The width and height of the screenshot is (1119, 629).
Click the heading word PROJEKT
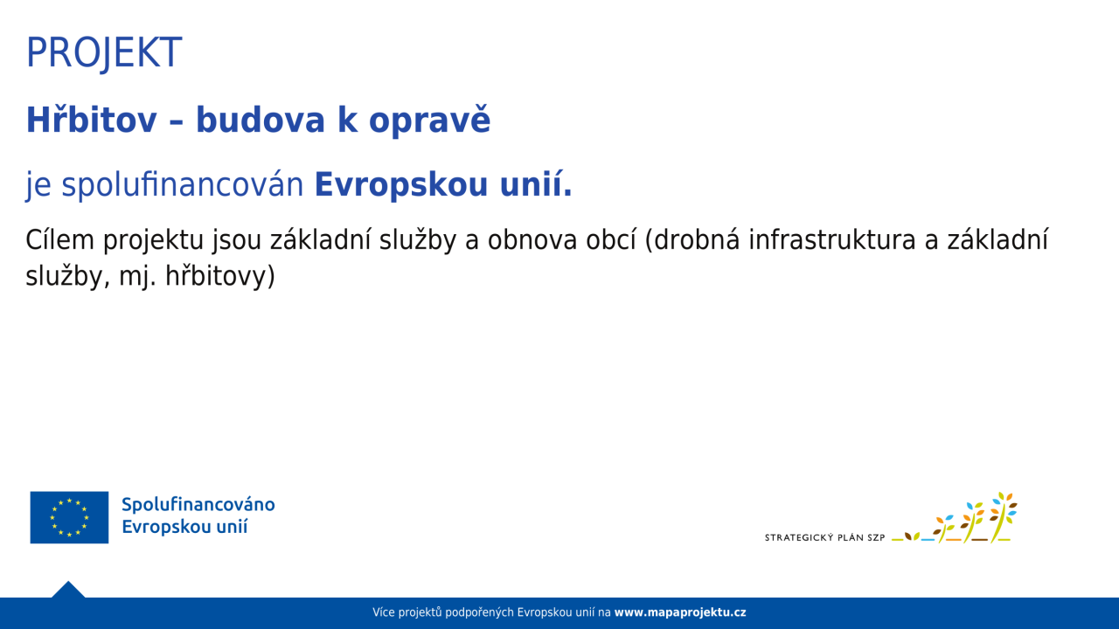tap(104, 52)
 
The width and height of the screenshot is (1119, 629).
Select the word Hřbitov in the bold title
tap(92, 120)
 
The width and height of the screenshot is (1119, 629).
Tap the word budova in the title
tap(261, 121)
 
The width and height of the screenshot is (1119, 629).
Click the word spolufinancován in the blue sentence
tap(183, 184)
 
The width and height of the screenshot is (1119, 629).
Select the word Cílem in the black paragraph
tap(60, 239)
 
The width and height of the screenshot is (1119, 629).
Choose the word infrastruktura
tap(831, 239)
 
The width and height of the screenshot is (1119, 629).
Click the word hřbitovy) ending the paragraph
tap(220, 277)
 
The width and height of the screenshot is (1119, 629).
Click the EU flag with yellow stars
tap(69, 517)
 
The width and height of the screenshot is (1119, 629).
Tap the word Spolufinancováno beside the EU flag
tap(198, 505)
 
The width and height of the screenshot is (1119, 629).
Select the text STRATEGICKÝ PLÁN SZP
tap(824, 537)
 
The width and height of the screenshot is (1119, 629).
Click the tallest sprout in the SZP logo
tap(1003, 517)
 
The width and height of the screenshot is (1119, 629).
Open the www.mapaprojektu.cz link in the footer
tap(680, 612)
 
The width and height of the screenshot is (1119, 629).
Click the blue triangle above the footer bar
tap(68, 590)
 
